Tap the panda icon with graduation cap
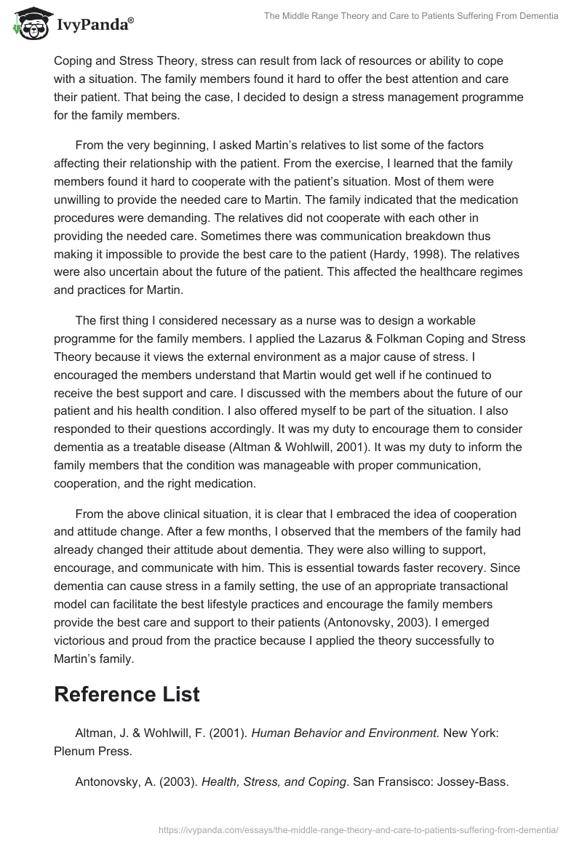point(28,25)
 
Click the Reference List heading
point(127,693)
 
